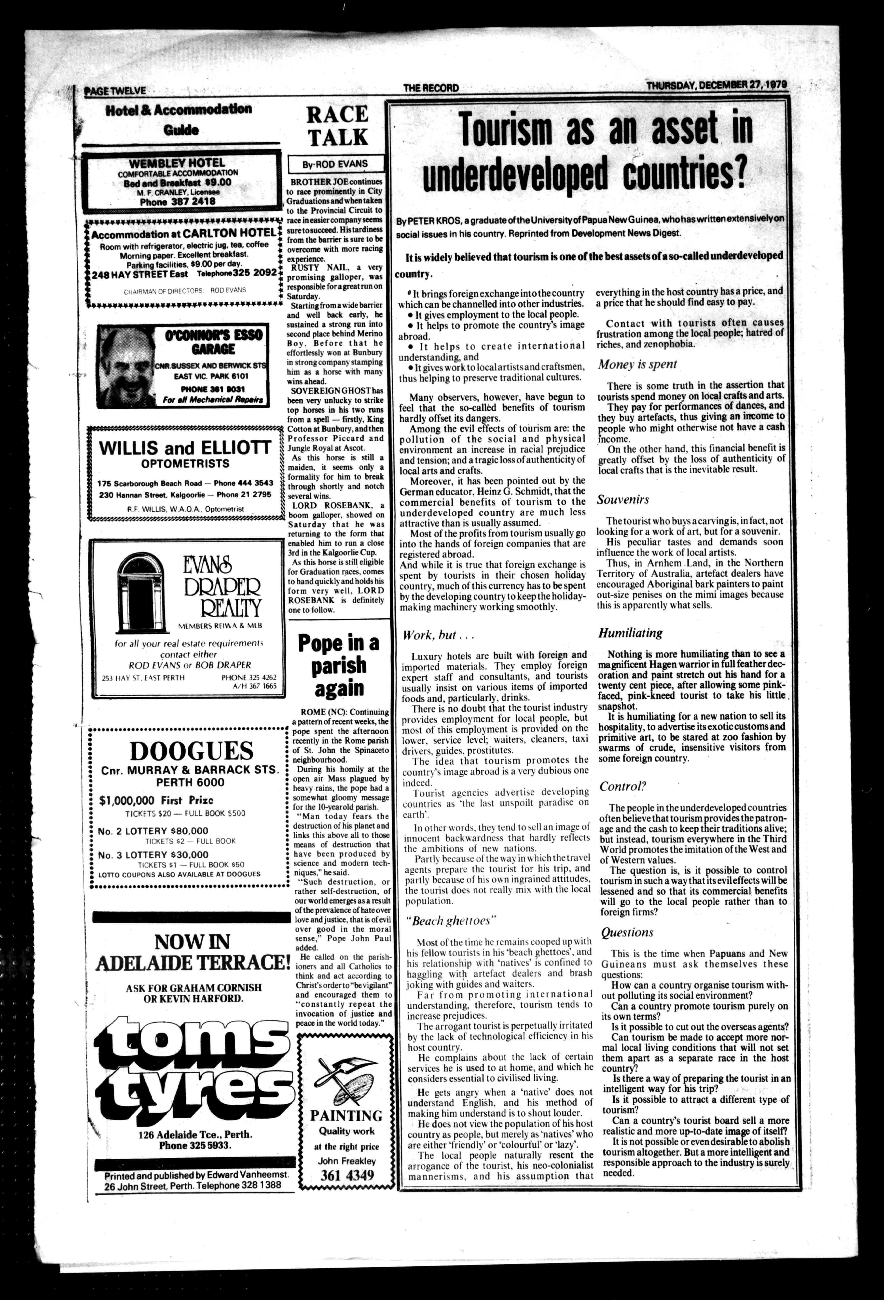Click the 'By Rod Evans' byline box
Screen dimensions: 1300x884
pos(336,164)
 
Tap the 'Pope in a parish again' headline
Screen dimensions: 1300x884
pos(338,666)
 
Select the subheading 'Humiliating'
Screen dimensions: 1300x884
pos(630,633)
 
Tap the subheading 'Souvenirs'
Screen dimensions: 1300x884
pos(623,500)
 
